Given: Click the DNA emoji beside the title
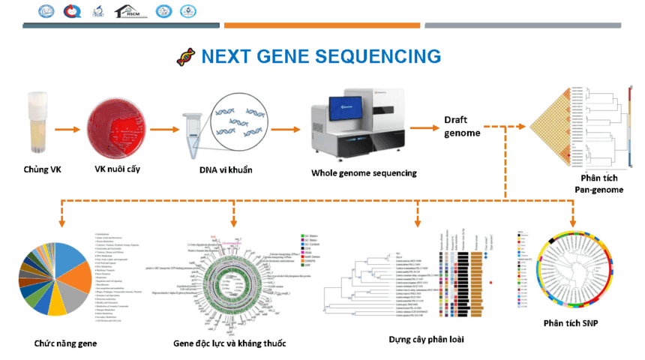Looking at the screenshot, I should point(185,56).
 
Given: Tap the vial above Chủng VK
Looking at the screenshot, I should point(37,120).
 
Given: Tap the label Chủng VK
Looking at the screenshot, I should point(42,169).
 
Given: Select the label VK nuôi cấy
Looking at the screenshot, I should point(117,169).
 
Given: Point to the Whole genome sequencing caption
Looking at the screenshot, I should point(364,173).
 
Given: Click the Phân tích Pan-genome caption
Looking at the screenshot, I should point(594,184).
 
